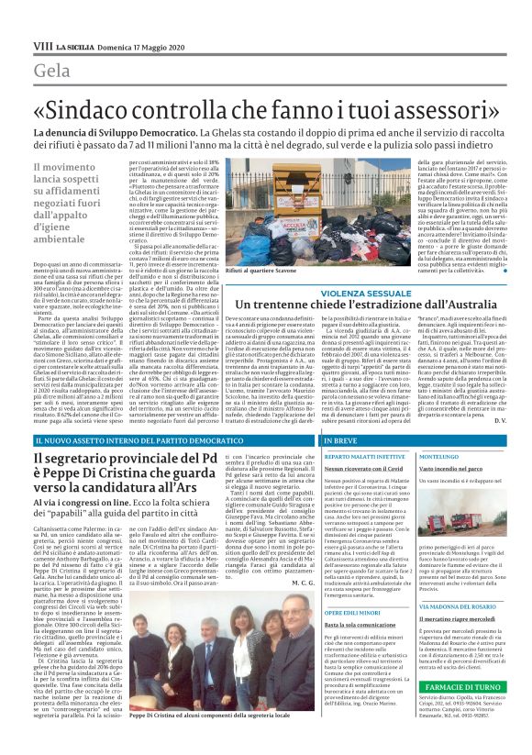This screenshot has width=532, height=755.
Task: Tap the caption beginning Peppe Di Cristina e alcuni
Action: pos(193,737)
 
